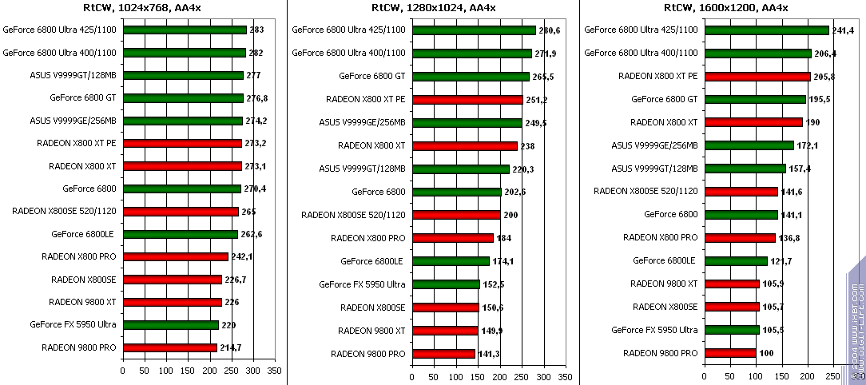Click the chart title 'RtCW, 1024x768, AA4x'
pos(144,8)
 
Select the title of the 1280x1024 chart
pos(433,8)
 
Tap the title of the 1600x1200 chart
pos(725,8)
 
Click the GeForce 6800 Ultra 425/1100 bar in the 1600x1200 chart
pos(766,30)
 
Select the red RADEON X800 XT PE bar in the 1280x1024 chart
pos(467,100)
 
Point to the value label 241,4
pos(843,30)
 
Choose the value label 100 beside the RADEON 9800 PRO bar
pos(767,352)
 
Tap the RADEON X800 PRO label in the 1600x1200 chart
pos(661,238)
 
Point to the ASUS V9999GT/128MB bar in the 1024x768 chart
pos(183,76)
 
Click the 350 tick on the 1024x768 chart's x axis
pos(274,371)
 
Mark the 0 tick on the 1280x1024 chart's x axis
pos(411,376)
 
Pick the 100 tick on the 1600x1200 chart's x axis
pos(755,376)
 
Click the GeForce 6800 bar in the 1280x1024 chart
pos(456,192)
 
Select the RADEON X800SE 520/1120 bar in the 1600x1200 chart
pos(741,192)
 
